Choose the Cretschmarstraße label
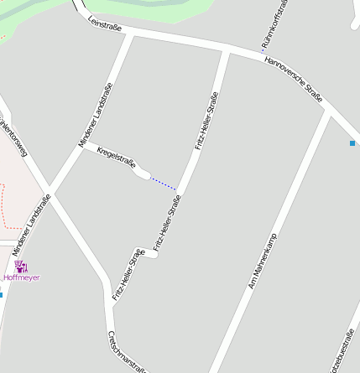coord(127,351)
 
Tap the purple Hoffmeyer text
coord(21,277)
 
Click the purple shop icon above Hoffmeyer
coord(20,267)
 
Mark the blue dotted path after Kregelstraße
coord(164,184)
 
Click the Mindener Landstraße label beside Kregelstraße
coord(96,115)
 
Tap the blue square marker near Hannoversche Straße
coord(352,143)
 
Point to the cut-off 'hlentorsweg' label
coord(13,134)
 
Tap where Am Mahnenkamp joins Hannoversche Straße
coord(329,111)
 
